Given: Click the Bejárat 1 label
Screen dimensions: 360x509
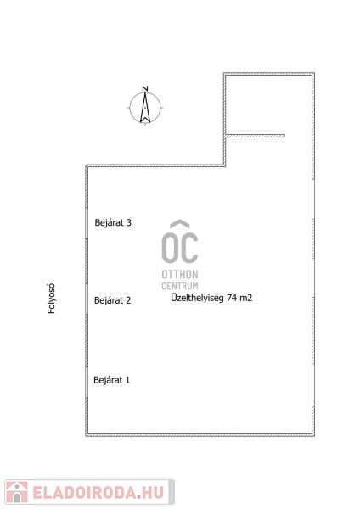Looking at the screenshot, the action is (112, 380).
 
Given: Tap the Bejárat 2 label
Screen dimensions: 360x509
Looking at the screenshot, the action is (112, 300).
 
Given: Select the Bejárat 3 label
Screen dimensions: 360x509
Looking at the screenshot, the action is (113, 222).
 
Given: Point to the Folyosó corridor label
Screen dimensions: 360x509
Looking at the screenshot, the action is (51, 299).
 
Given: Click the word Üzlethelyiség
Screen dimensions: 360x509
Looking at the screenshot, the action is (197, 298).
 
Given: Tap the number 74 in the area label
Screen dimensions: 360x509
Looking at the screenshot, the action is (232, 298).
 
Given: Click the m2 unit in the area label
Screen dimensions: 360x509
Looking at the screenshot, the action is (246, 299).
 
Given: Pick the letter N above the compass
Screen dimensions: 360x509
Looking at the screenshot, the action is (145, 88).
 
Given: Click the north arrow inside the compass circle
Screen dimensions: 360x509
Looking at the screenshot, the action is (145, 108).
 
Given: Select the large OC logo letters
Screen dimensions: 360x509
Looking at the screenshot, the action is (180, 248).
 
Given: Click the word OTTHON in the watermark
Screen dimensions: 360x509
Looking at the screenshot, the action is (180, 275).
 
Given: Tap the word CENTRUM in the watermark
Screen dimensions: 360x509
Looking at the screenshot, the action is (180, 286).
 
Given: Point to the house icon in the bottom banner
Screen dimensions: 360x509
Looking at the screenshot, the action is (17, 492).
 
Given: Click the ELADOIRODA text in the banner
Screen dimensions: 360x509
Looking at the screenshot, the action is (84, 493).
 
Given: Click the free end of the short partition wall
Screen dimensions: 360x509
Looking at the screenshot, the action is (284, 136).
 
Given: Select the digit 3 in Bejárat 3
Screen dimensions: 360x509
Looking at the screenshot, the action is (129, 222).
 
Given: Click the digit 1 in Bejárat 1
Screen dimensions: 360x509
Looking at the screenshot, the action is (127, 380).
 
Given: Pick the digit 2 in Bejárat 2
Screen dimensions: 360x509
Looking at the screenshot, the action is (128, 300).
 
